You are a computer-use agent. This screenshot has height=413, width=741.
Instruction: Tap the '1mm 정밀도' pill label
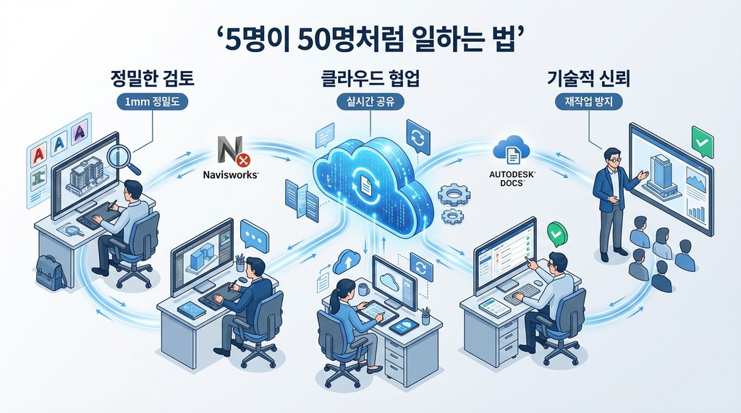(x=153, y=103)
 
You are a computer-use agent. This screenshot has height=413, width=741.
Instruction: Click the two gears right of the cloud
(x=454, y=203)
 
